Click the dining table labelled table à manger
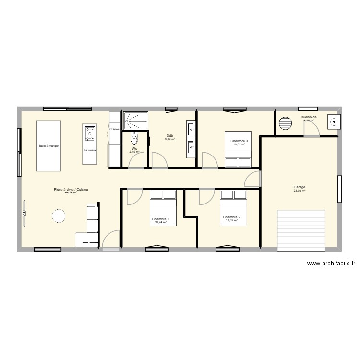pyautogui.click(x=49, y=146)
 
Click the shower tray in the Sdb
pyautogui.click(x=135, y=120)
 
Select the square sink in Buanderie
pyautogui.click(x=333, y=122)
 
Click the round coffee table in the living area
pyautogui.click(x=59, y=216)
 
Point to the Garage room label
pyautogui.click(x=300, y=187)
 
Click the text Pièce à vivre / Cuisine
pyautogui.click(x=71, y=190)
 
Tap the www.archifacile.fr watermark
pyautogui.click(x=331, y=264)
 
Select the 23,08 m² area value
pyautogui.click(x=300, y=191)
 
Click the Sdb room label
pyautogui.click(x=170, y=136)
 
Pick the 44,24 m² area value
pyautogui.click(x=71, y=193)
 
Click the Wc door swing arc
pyautogui.click(x=137, y=161)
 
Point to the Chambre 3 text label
pyautogui.click(x=239, y=141)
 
